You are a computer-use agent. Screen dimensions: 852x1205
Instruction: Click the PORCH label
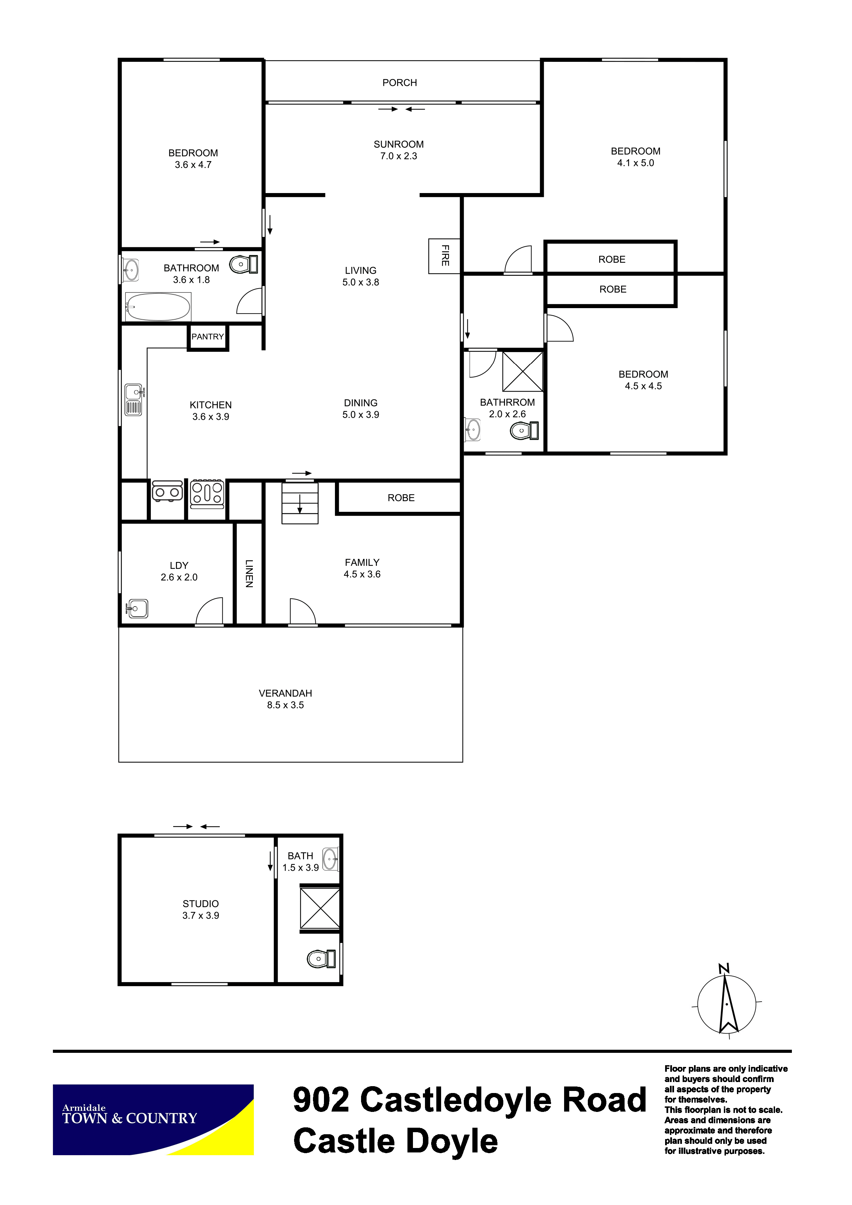point(400,83)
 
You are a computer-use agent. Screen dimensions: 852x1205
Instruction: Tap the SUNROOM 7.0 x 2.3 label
point(399,150)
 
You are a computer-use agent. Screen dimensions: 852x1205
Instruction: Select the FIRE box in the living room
point(444,256)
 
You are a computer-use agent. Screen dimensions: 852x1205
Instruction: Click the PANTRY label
point(208,336)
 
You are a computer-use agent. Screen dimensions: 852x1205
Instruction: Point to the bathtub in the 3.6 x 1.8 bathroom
point(157,306)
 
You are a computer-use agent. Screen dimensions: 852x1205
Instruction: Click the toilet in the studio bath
point(321,959)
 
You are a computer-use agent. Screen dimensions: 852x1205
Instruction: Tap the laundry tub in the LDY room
point(137,608)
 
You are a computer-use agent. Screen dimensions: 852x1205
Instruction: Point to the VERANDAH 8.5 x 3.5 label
point(285,699)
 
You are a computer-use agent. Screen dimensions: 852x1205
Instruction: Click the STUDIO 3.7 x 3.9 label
point(201,910)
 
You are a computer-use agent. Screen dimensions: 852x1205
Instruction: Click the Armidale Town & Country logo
point(153,1119)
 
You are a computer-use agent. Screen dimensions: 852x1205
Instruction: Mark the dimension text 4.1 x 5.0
point(635,163)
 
